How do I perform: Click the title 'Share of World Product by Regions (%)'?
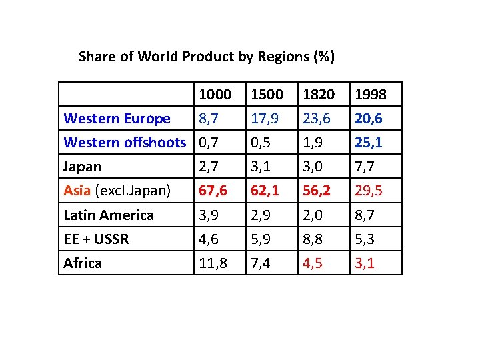(207, 56)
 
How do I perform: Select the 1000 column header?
(215, 95)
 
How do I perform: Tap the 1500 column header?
(267, 95)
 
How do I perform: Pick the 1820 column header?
(319, 95)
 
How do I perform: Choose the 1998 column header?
(371, 95)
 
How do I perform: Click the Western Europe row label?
(117, 119)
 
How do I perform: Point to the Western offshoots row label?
(125, 142)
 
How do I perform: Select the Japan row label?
(82, 166)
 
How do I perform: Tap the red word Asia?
(77, 191)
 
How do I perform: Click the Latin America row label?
(109, 215)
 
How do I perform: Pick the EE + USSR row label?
(96, 239)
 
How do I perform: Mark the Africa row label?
(83, 263)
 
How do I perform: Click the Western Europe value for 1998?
(369, 119)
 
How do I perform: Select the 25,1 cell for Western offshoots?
(369, 142)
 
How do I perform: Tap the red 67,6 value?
(213, 191)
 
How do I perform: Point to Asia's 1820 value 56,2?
(317, 191)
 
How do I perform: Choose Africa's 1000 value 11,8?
(213, 263)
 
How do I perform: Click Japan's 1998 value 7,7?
(365, 166)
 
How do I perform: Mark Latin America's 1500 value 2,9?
(261, 215)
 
